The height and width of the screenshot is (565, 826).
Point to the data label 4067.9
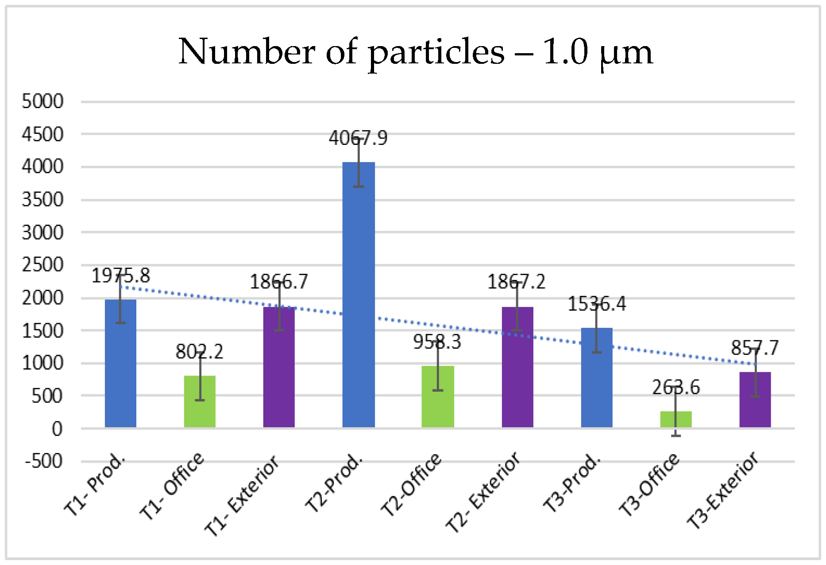click(358, 138)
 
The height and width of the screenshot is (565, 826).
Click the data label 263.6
click(675, 388)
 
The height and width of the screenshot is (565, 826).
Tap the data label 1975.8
click(120, 276)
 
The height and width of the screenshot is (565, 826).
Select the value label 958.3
click(437, 342)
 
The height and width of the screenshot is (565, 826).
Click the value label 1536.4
click(596, 304)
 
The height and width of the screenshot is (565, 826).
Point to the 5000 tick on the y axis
click(42, 101)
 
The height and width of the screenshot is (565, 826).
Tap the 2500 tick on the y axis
click(42, 265)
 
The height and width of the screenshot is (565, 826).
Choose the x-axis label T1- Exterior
click(242, 495)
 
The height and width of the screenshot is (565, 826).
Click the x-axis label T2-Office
click(411, 485)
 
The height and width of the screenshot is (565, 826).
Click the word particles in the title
click(436, 52)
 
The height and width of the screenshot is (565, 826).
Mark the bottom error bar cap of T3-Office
click(675, 436)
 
